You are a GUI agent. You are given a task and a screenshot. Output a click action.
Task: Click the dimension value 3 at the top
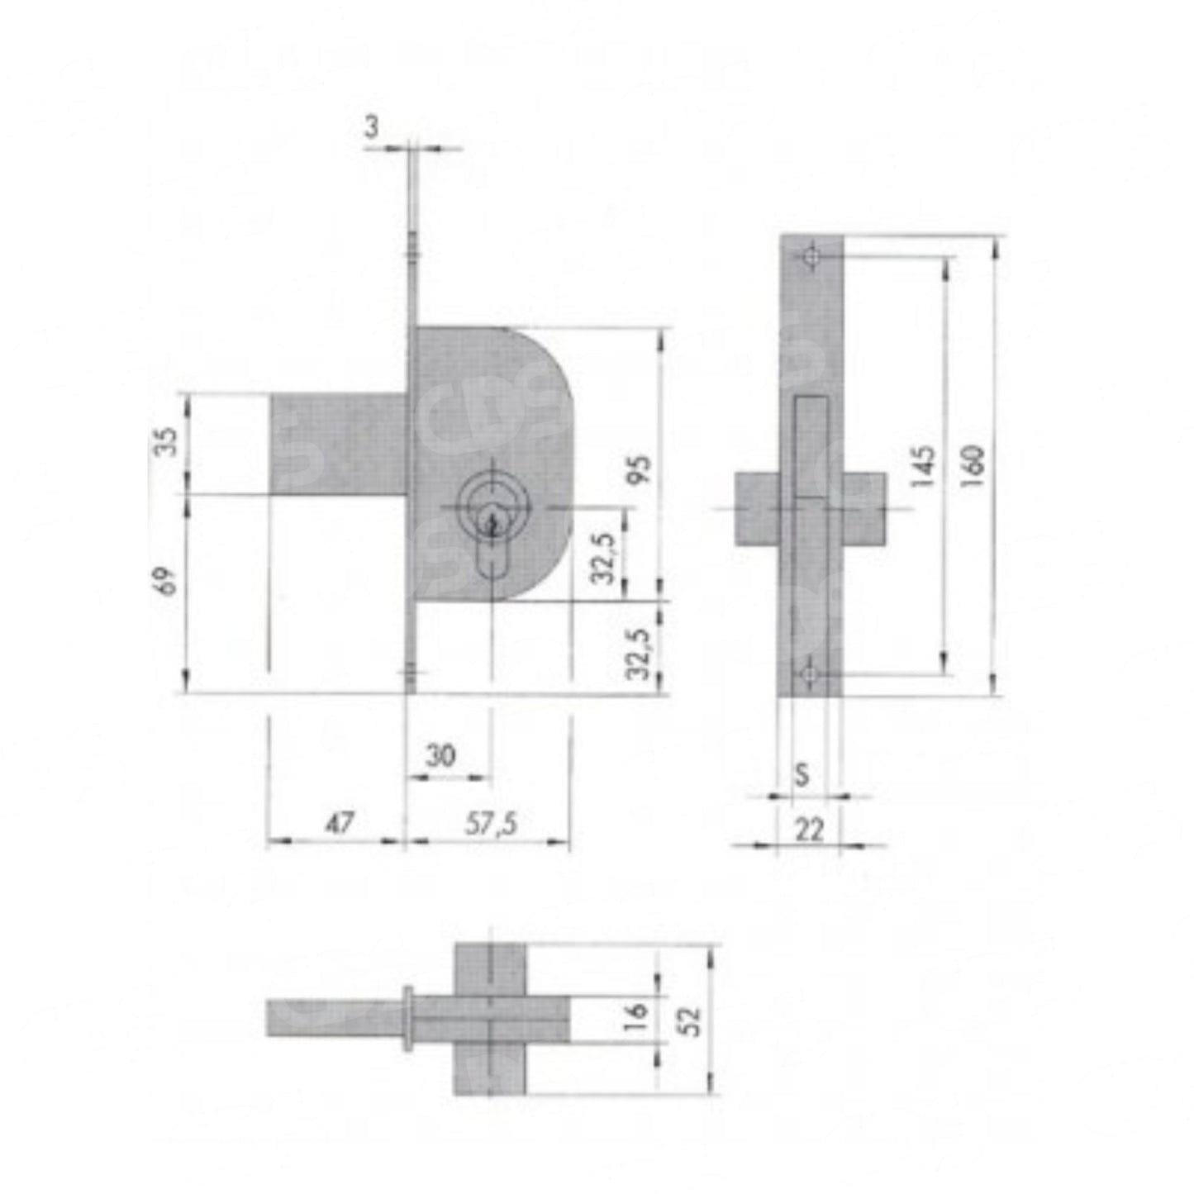tap(371, 127)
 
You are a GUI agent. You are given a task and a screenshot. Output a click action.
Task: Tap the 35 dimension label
tap(166, 442)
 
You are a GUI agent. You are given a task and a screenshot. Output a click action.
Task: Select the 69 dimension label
tap(166, 581)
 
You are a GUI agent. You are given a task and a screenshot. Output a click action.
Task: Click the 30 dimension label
tap(441, 756)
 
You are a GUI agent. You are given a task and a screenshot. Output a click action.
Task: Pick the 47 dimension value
tap(340, 823)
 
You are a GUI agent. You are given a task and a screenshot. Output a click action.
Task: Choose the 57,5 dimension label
tap(491, 824)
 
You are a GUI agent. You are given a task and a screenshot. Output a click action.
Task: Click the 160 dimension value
tap(975, 466)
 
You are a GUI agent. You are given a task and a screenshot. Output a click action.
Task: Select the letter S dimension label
tap(802, 775)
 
